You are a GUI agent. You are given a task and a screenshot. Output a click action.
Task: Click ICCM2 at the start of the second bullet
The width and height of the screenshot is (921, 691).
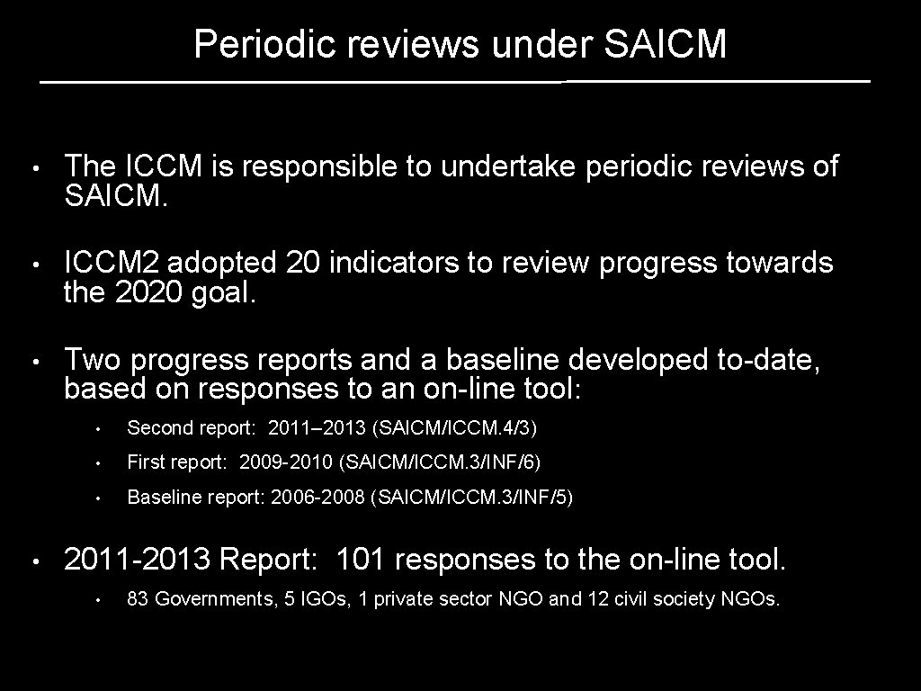click(x=112, y=263)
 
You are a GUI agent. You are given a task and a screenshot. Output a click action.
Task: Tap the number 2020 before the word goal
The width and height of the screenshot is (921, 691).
click(x=150, y=292)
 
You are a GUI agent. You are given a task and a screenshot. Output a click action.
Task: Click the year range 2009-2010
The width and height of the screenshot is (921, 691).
click(x=286, y=462)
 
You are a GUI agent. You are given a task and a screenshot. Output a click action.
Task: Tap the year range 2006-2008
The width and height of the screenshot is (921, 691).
click(x=316, y=497)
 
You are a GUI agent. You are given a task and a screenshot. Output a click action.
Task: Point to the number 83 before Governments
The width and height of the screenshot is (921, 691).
click(x=138, y=598)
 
